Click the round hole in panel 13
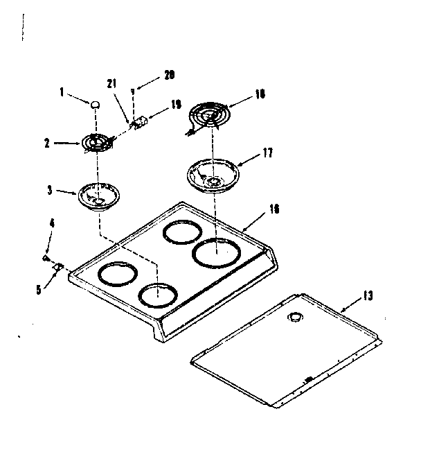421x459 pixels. click(296, 318)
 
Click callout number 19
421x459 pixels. click(175, 105)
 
